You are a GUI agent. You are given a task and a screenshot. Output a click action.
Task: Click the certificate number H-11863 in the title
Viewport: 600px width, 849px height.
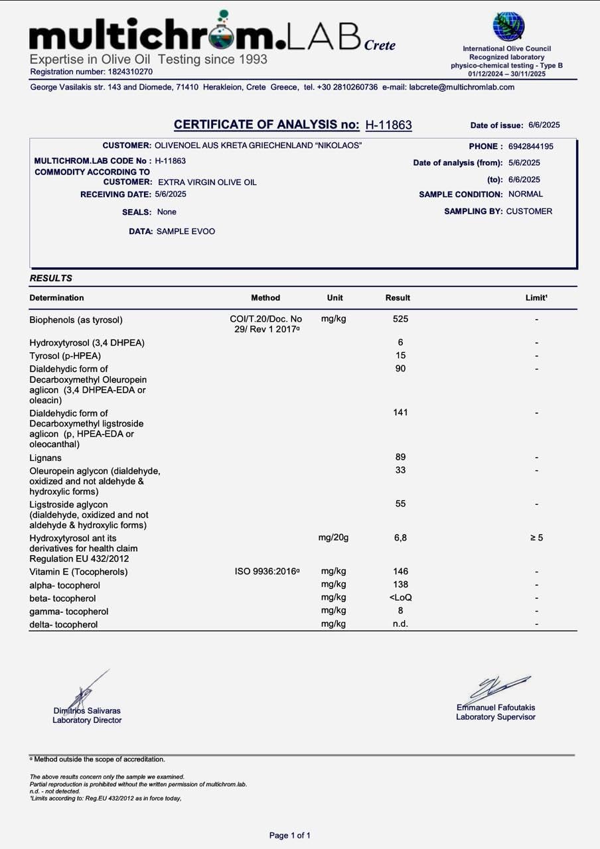point(388,125)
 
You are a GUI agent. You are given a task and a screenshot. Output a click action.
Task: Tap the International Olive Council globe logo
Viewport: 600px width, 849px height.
point(508,27)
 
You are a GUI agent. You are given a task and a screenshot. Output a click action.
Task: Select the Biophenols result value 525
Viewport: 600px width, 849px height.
point(400,319)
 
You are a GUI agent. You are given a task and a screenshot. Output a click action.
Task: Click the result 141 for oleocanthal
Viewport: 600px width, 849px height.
point(400,413)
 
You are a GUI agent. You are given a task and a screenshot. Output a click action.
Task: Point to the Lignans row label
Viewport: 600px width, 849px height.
point(45,458)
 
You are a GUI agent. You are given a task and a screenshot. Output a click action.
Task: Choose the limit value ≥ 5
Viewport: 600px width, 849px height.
point(536,537)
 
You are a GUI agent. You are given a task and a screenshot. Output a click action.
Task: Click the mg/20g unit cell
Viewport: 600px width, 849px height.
point(333,537)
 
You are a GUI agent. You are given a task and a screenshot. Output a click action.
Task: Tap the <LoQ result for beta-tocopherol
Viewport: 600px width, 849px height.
point(400,598)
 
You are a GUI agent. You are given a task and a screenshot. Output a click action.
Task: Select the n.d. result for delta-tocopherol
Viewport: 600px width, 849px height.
point(400,624)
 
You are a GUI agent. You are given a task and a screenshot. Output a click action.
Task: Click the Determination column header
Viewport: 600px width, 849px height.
point(56,298)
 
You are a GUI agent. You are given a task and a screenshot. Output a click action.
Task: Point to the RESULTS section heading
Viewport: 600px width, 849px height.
point(51,279)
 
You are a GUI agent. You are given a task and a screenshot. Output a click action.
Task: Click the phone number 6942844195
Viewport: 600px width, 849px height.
point(531,147)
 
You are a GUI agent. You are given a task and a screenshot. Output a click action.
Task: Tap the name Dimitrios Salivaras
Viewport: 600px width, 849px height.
point(87,710)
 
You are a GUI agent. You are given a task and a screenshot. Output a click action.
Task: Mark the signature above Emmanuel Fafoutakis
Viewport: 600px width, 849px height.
point(498,687)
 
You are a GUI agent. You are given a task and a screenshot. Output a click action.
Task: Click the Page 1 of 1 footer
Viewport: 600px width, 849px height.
point(290,835)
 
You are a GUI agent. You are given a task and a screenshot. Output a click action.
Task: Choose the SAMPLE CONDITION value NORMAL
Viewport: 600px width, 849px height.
point(526,194)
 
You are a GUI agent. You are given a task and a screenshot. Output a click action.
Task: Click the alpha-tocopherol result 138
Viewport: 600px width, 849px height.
point(400,584)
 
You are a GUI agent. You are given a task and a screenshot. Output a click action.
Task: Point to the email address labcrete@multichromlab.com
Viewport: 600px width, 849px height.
point(462,87)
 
